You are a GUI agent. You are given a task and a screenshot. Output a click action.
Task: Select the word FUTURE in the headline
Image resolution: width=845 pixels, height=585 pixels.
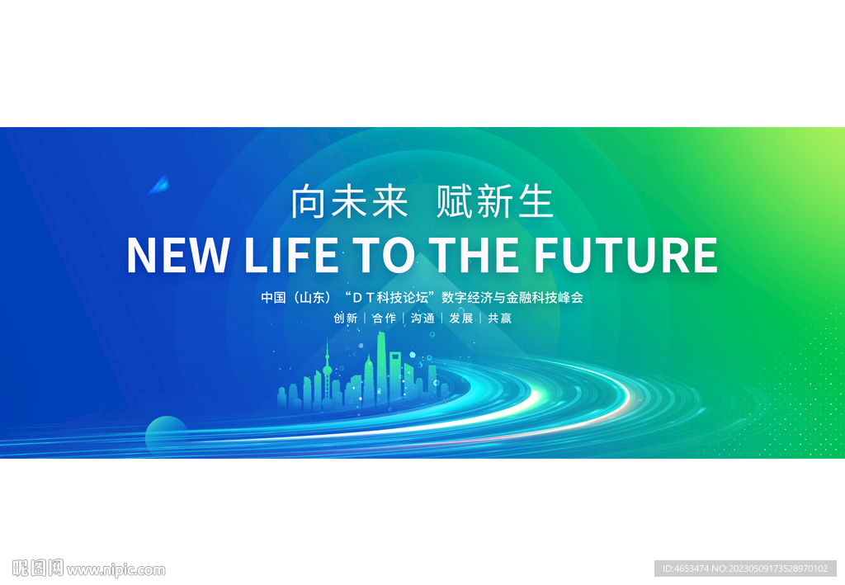point(625,255)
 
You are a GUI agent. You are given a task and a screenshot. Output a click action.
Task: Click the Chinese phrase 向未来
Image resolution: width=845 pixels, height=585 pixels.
point(350,203)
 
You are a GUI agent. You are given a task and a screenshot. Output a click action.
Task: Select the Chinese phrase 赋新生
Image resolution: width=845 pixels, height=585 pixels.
point(494,203)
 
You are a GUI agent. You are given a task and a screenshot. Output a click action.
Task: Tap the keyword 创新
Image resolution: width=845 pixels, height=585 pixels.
point(346,318)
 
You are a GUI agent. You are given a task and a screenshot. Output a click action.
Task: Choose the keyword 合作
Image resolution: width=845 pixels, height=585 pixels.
point(384,318)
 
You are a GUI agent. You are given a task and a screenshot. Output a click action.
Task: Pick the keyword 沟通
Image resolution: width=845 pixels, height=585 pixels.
point(422,318)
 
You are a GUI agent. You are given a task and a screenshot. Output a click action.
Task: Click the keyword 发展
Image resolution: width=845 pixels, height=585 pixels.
point(460,318)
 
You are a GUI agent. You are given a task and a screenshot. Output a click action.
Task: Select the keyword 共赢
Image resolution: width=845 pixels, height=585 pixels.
point(499,318)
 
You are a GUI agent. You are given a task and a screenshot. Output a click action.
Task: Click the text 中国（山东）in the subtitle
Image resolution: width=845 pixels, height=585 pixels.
point(295,297)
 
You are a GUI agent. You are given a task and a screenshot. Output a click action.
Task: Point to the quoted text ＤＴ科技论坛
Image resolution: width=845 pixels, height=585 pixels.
point(391,297)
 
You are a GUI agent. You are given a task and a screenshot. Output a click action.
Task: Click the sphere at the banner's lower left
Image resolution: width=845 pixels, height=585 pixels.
point(166,435)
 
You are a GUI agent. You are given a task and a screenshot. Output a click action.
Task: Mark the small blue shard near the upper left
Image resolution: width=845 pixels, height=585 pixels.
point(159,185)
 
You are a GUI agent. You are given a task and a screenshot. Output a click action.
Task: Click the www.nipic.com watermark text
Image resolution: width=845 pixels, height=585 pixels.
point(116,569)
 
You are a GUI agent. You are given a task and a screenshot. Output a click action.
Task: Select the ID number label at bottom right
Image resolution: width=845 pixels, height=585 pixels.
point(744,568)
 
